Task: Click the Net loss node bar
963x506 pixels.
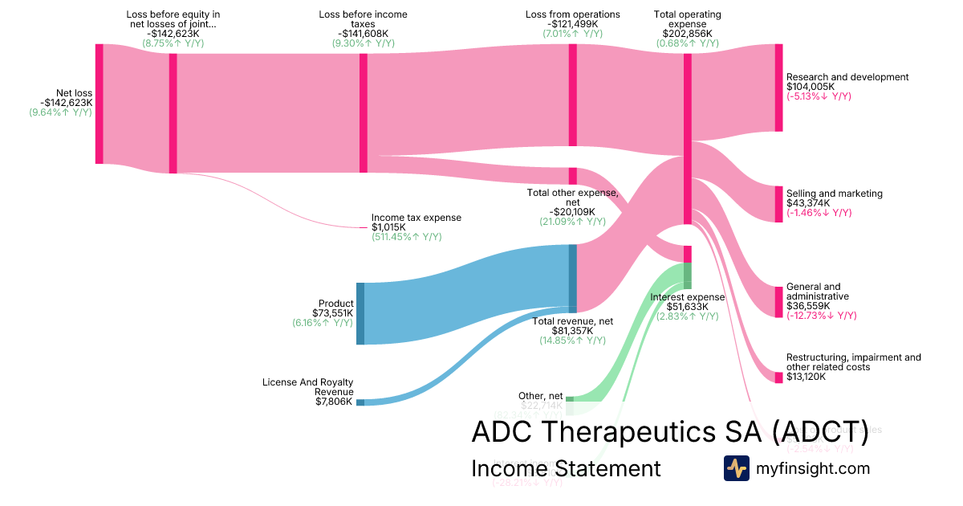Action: click(x=100, y=104)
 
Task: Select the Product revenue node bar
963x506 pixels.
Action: click(x=360, y=313)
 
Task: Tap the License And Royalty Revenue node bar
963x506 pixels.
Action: click(x=360, y=402)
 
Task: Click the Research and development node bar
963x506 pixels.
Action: click(x=778, y=88)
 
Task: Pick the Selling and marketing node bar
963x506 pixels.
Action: click(x=778, y=204)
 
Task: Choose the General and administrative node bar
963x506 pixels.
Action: click(x=778, y=302)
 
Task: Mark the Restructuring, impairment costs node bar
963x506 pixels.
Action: click(x=778, y=377)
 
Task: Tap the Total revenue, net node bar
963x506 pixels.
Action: click(x=573, y=278)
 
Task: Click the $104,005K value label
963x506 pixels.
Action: click(x=811, y=87)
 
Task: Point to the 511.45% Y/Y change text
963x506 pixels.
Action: click(x=406, y=237)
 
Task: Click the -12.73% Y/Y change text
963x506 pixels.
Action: click(x=821, y=316)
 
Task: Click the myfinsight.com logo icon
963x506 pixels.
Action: click(x=736, y=468)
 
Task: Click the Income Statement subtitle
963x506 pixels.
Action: click(x=566, y=468)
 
